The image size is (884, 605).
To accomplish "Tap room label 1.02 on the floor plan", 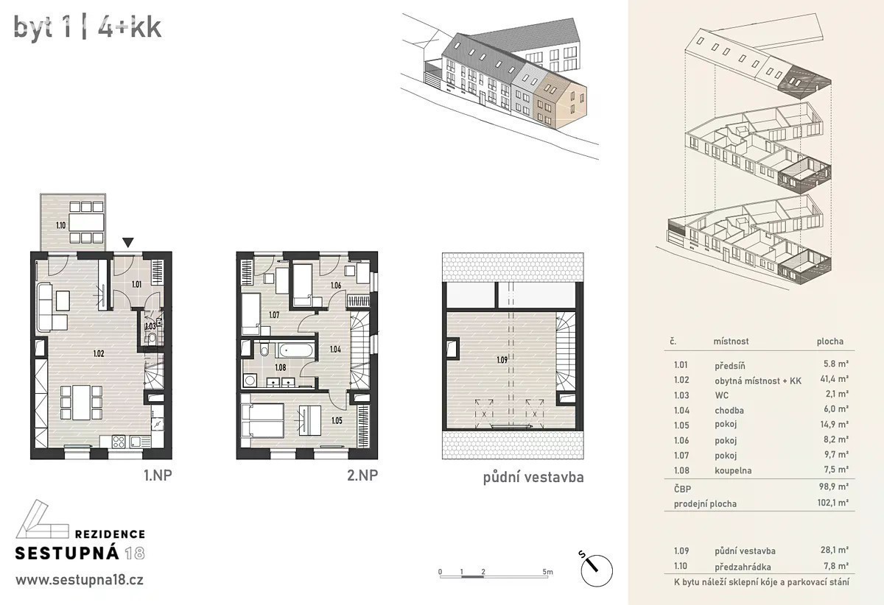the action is tap(99, 353).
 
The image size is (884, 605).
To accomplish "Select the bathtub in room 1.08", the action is tap(296, 350).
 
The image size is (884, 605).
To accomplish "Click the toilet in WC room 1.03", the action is tap(152, 338).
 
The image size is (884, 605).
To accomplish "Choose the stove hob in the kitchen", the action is tap(119, 441).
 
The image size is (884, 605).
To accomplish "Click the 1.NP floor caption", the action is tap(158, 475).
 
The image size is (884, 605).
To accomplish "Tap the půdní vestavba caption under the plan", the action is tap(533, 478).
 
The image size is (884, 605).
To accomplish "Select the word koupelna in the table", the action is tap(733, 470).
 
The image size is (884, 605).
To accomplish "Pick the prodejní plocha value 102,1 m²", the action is tap(833, 503).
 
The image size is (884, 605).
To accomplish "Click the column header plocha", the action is tap(830, 342).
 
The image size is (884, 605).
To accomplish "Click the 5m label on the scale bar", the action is tap(547, 572).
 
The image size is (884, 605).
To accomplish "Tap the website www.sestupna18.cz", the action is tap(80, 580).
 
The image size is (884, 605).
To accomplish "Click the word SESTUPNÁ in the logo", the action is tap(67, 553).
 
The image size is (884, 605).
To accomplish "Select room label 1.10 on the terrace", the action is tap(60, 226).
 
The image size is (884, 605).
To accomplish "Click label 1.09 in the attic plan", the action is tap(502, 360).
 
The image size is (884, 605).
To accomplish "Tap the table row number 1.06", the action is tap(681, 441).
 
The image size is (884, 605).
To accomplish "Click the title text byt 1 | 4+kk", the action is tap(88, 28).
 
